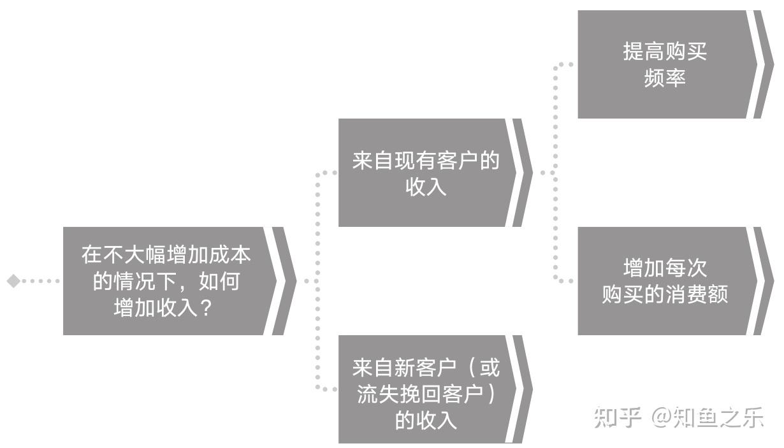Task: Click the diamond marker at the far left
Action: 13,280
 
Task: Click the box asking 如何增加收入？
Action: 166,280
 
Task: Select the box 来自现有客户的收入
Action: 425,173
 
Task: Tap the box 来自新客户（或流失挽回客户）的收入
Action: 425,389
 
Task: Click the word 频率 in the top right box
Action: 665,78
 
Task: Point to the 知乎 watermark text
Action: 616,417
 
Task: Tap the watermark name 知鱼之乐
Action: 718,417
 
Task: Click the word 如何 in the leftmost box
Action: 219,281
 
